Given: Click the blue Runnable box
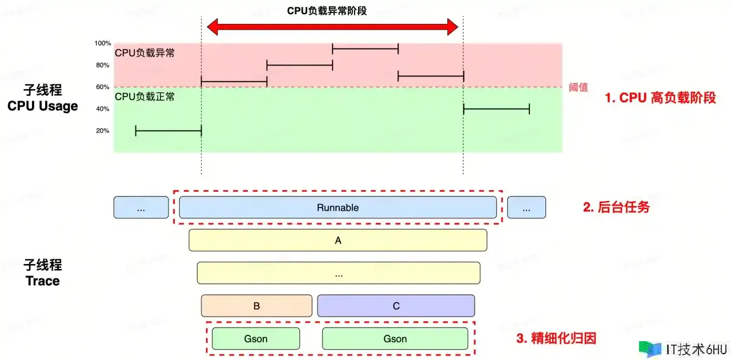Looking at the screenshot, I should pos(338,207).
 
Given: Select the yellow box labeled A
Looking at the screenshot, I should pos(338,241).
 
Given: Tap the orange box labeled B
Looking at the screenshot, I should pos(256,306).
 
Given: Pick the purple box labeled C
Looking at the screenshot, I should pos(396,306).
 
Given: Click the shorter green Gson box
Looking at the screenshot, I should pos(255,339).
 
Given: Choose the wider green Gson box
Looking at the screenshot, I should pos(395,339).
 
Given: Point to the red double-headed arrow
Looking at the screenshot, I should pos(332,26).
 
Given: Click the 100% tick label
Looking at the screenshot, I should pos(103,43).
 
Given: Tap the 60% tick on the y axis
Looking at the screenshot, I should pos(103,87).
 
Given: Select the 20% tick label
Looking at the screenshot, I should pos(103,131).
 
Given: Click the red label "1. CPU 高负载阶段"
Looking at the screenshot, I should pos(660,98).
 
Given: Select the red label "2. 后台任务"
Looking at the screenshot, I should pos(616,207).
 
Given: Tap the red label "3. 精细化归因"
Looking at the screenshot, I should pos(556,338).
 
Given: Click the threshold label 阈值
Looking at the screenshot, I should pos(578,87).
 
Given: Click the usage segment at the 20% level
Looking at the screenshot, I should pos(168,131).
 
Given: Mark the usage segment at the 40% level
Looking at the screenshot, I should pos(496,109).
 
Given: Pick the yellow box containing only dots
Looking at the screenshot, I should pos(339,273).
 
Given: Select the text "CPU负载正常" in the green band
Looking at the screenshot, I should pos(145,97).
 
